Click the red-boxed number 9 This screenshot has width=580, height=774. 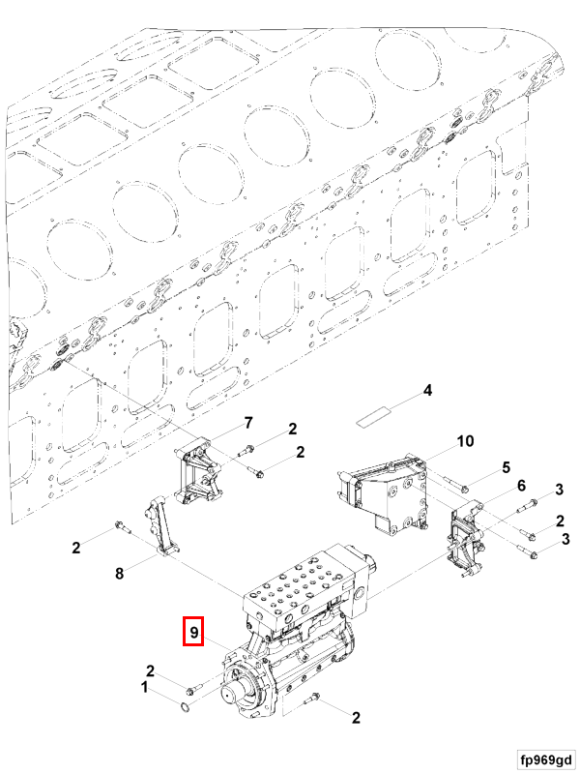tap(194, 633)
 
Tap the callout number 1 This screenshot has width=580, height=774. tap(146, 688)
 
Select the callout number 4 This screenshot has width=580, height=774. tap(425, 392)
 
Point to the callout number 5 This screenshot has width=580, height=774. tap(506, 468)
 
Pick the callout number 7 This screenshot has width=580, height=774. tap(247, 423)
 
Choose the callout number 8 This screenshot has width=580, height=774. tap(120, 573)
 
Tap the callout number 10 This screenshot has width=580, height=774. tap(465, 442)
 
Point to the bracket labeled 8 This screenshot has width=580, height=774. tap(159, 527)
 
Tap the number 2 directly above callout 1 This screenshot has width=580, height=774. tap(151, 670)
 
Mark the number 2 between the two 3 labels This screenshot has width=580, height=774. tap(560, 521)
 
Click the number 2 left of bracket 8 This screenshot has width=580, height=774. tap(76, 549)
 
